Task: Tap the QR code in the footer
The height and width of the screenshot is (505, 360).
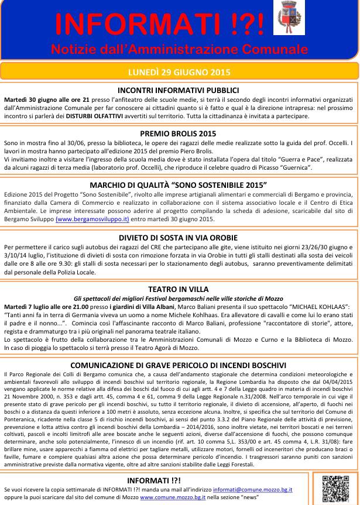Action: (x=335, y=489)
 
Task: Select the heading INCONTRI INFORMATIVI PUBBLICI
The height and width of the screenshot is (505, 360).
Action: (x=178, y=90)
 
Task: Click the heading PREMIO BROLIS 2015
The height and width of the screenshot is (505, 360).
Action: (x=178, y=133)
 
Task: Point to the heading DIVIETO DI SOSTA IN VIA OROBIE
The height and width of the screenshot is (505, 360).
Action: (x=178, y=238)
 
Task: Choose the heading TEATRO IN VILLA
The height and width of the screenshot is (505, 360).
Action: (x=178, y=289)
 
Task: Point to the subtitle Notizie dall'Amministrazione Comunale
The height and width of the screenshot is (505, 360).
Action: (x=179, y=47)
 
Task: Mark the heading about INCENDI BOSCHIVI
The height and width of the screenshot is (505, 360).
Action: (x=178, y=366)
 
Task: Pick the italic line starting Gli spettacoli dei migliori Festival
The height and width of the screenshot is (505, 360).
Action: (x=178, y=298)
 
